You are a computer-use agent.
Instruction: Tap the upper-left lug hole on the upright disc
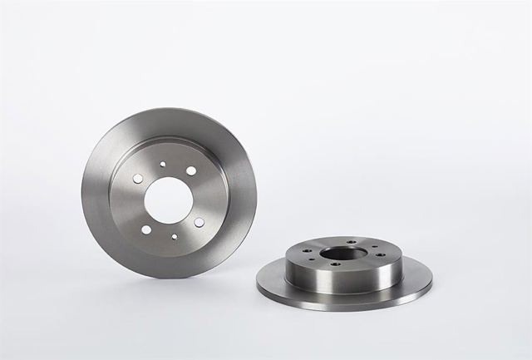pos(135,177)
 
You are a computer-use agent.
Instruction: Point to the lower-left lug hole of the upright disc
pos(146,230)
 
